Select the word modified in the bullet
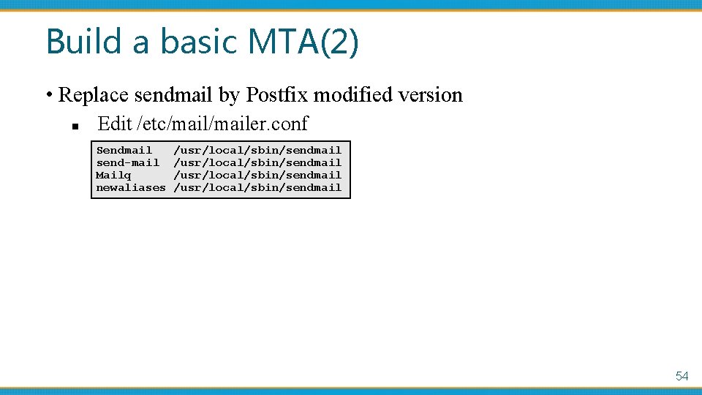[x=353, y=95]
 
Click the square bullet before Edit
[x=75, y=126]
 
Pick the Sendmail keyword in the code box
[x=124, y=150]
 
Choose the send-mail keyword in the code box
[x=128, y=162]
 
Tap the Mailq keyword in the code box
[x=114, y=175]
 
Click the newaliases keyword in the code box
[x=131, y=187]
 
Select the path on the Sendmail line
[x=257, y=150]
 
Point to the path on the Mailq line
[x=257, y=175]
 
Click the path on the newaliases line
[x=257, y=187]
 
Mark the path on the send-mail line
[x=257, y=162]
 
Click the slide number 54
[x=682, y=376]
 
